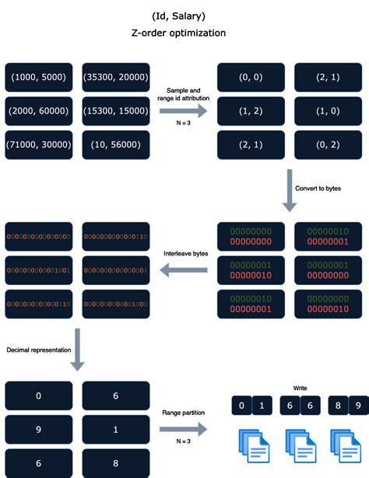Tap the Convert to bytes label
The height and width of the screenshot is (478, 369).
319,188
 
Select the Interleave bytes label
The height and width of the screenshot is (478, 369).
184,254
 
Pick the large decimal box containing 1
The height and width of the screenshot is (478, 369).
115,429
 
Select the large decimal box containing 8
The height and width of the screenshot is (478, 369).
115,462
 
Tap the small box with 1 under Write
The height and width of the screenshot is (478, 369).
262,405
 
